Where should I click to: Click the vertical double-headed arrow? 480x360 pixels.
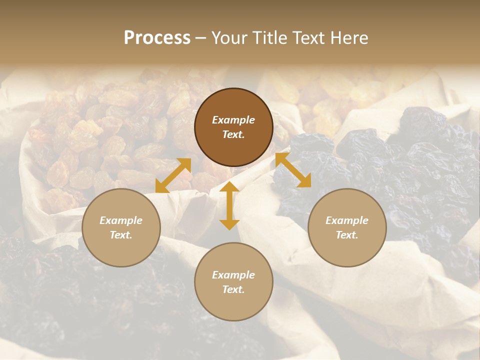(x=229, y=205)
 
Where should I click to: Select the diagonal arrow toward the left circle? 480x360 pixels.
(x=173, y=175)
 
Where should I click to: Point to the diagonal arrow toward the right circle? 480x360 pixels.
(x=293, y=170)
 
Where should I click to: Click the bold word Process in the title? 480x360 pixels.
(x=157, y=38)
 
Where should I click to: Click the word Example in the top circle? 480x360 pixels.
(x=233, y=120)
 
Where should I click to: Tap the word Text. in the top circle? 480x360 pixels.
(x=233, y=134)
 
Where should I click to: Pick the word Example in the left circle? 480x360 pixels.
(x=121, y=220)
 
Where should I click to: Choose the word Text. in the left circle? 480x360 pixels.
(x=121, y=235)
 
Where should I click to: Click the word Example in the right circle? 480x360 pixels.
(x=347, y=220)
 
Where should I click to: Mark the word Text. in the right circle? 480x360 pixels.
(x=347, y=235)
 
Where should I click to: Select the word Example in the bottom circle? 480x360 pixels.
(x=233, y=275)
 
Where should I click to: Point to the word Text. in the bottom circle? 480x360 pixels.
(x=233, y=289)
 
